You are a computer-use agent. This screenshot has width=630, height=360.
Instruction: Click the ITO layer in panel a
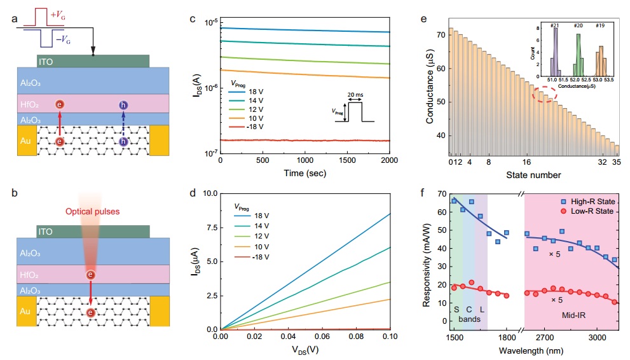point(93,60)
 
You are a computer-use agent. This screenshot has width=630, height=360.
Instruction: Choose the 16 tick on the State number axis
point(527,162)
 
